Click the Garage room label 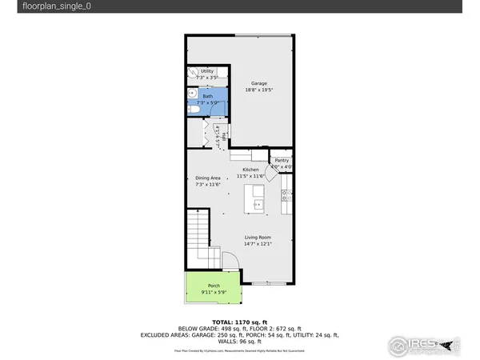click(258, 83)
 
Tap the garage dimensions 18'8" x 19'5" click(258, 90)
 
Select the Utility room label click(207, 71)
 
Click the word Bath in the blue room click(207, 97)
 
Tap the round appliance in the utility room click(193, 74)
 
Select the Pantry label click(282, 161)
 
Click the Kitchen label click(250, 170)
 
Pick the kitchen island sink click(258, 204)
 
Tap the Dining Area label click(207, 178)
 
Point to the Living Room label click(258, 238)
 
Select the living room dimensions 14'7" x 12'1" click(258, 244)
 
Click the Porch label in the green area click(214, 286)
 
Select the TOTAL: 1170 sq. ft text click(239, 320)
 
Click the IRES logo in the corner click(424, 345)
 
